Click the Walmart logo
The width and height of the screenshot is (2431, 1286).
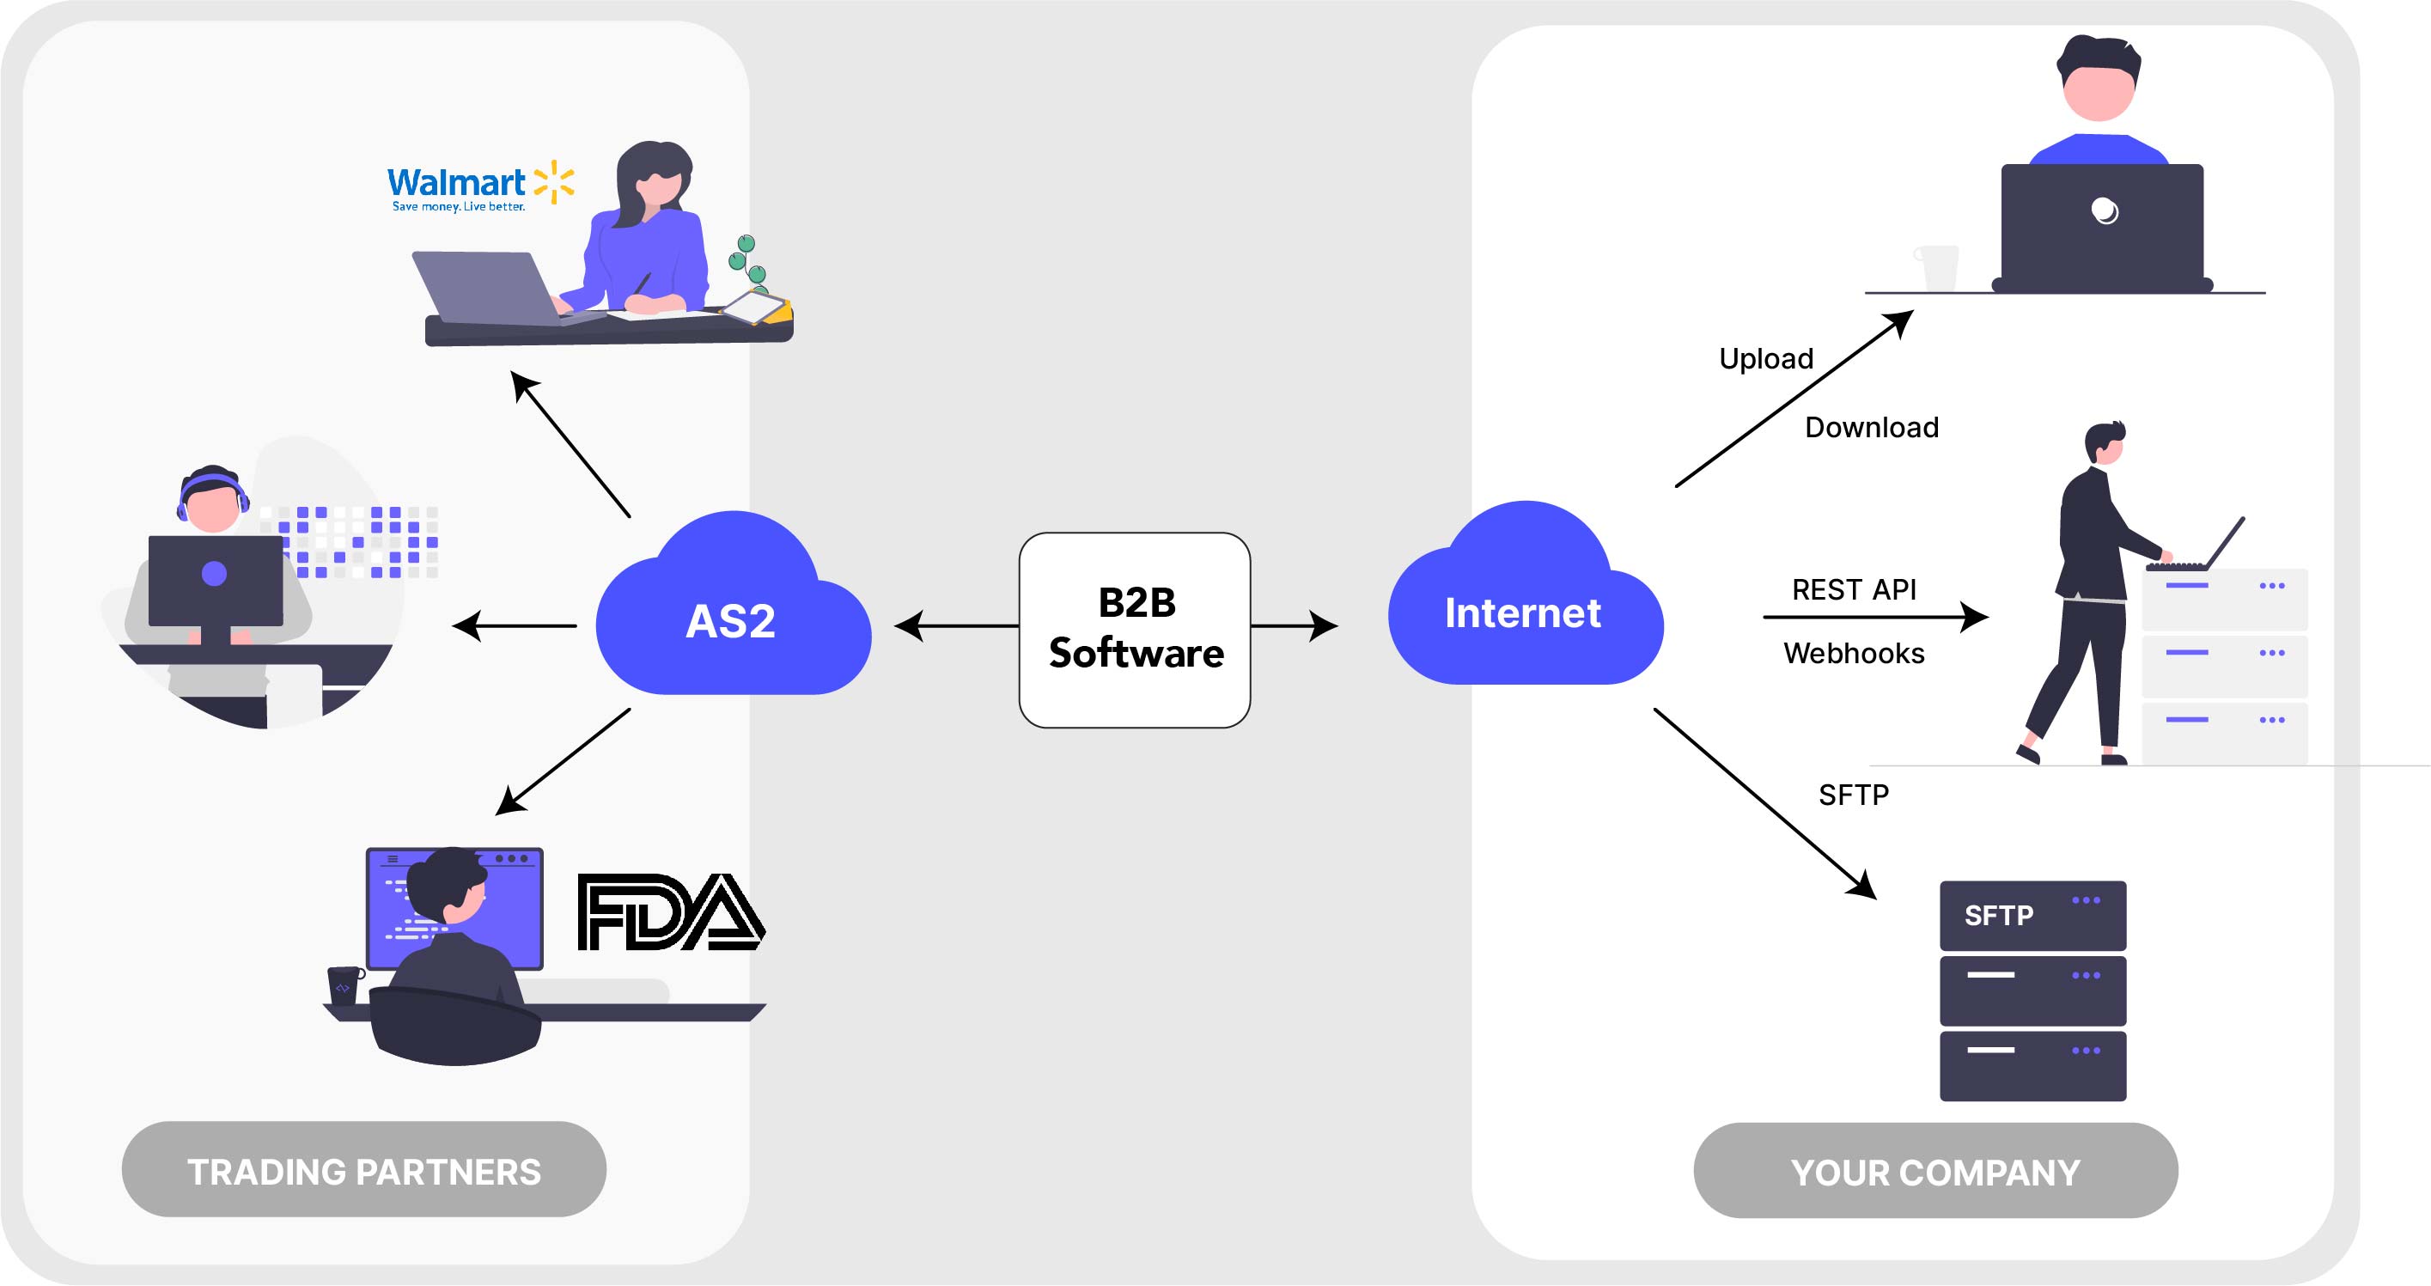pyautogui.click(x=479, y=186)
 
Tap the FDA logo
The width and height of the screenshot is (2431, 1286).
pyautogui.click(x=670, y=911)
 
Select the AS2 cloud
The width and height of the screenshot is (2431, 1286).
pyautogui.click(x=733, y=613)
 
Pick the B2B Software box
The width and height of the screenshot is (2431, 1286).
pyautogui.click(x=1135, y=630)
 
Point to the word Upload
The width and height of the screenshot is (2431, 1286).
pyautogui.click(x=1765, y=358)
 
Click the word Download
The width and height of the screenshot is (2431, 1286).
pyautogui.click(x=1872, y=428)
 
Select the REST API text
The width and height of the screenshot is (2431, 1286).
pyautogui.click(x=1854, y=589)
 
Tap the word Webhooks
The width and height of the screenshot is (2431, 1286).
pyautogui.click(x=1854, y=653)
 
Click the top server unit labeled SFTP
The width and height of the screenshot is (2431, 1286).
pyautogui.click(x=2032, y=915)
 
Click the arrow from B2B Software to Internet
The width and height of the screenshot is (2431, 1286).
pyautogui.click(x=1293, y=625)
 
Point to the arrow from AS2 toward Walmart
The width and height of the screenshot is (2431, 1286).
pyautogui.click(x=570, y=443)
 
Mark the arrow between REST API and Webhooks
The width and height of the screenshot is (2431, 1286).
pyautogui.click(x=1874, y=617)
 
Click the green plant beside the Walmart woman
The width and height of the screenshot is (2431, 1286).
pyautogui.click(x=747, y=259)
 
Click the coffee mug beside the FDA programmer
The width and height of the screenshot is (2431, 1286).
pyautogui.click(x=344, y=985)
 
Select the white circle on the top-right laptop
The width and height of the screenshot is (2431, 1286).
pyautogui.click(x=2104, y=210)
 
